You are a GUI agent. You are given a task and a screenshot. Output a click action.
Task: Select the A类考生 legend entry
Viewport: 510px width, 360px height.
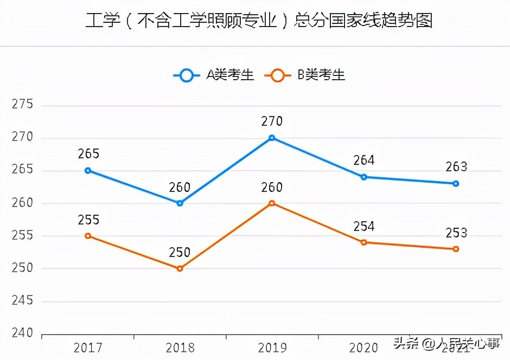tap(214, 75)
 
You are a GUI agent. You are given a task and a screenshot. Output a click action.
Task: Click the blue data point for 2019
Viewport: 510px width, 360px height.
tap(272, 138)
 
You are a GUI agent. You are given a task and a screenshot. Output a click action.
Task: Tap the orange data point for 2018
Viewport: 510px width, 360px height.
tap(180, 268)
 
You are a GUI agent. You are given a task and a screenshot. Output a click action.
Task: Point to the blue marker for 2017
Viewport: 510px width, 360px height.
tap(88, 170)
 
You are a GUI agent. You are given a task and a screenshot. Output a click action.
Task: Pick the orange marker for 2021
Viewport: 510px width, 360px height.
tap(456, 249)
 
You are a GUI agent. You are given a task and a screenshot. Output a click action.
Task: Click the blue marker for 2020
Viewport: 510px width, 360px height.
tap(364, 177)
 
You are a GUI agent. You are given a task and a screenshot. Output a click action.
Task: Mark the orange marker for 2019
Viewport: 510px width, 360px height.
tap(272, 203)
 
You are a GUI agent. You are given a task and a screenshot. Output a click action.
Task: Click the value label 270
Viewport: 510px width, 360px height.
tap(272, 121)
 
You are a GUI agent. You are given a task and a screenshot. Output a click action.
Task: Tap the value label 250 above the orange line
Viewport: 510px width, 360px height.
tap(180, 253)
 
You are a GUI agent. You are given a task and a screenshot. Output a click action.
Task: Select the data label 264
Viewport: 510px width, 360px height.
tap(364, 160)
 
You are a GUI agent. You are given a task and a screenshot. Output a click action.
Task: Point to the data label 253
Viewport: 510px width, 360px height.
tap(456, 233)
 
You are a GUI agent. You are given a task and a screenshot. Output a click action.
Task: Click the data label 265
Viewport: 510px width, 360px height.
tap(88, 155)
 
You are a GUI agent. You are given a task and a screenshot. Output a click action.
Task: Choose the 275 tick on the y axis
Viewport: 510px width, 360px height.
tap(22, 105)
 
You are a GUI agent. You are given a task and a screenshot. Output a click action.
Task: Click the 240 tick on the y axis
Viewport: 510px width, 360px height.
tap(22, 333)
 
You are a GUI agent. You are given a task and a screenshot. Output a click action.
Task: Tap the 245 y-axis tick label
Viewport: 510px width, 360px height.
tap(22, 301)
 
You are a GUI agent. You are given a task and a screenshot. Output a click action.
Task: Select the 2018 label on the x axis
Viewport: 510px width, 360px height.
tap(180, 348)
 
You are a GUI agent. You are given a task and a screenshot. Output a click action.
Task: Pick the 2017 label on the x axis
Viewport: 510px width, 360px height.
tap(88, 348)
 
